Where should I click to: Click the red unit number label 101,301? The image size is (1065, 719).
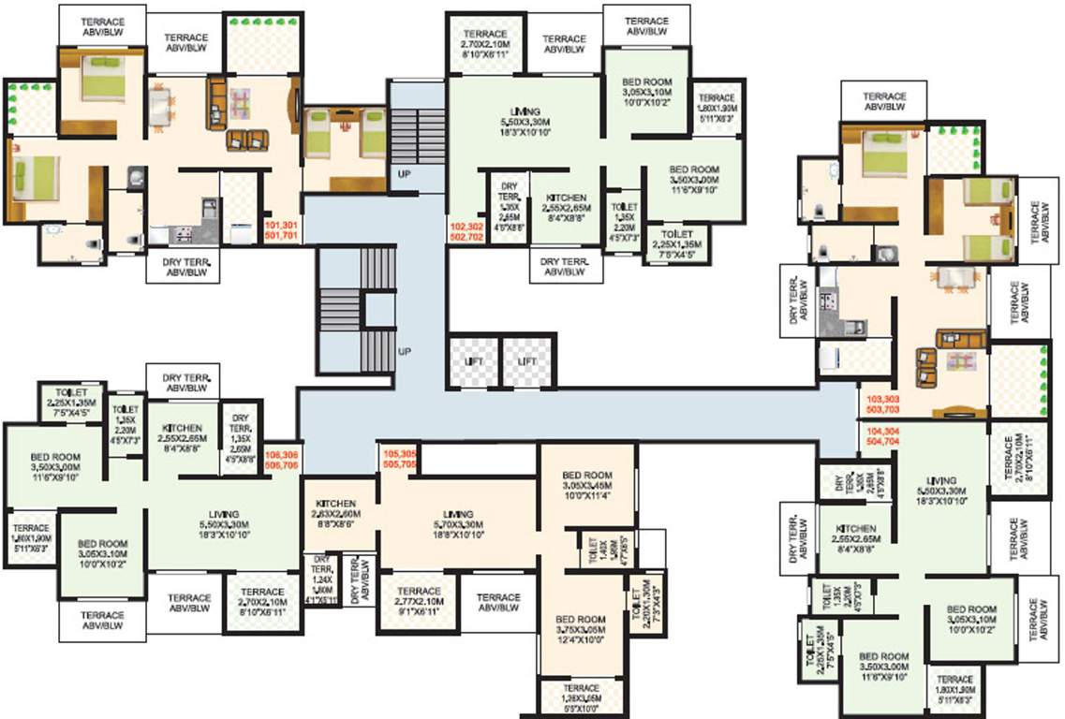(x=283, y=226)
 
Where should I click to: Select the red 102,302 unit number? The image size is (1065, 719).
(x=467, y=227)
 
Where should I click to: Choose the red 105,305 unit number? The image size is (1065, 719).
(x=400, y=454)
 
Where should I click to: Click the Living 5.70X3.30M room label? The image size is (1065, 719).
(x=458, y=519)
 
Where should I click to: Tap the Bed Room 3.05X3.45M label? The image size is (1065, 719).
(x=587, y=480)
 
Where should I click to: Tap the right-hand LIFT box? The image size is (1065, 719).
(x=528, y=360)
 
